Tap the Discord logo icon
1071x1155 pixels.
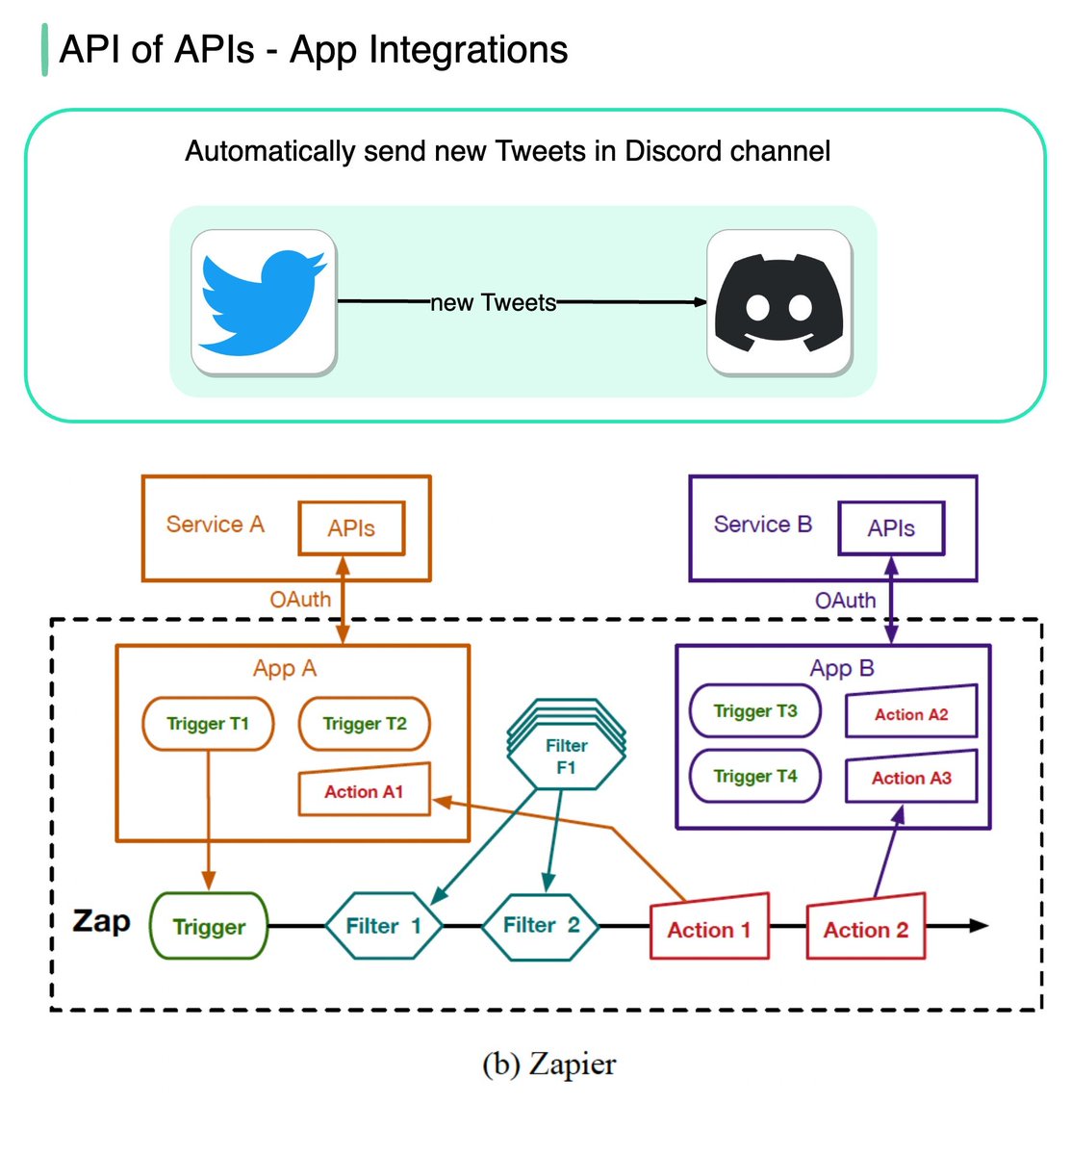tap(778, 302)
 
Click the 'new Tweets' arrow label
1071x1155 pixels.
tap(494, 303)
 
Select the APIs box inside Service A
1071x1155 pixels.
tap(351, 528)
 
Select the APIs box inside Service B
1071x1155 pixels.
tap(891, 528)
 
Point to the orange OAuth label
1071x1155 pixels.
tap(300, 600)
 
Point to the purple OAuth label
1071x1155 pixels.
tap(845, 601)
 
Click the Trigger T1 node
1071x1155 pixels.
tap(208, 724)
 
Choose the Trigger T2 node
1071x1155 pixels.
tap(365, 724)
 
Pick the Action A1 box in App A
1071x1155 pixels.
tap(364, 791)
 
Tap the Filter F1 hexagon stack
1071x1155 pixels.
tap(566, 756)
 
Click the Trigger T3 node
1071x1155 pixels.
tap(755, 711)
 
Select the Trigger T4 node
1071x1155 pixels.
tap(755, 776)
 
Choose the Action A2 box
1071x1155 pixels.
tap(911, 713)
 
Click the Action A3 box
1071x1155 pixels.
tap(911, 778)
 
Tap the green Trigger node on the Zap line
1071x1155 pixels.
tap(209, 927)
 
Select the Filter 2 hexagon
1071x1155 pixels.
tap(542, 926)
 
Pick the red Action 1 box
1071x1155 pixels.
tap(709, 929)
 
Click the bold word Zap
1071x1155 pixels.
tap(101, 921)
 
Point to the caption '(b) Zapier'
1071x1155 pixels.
tap(548, 1065)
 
